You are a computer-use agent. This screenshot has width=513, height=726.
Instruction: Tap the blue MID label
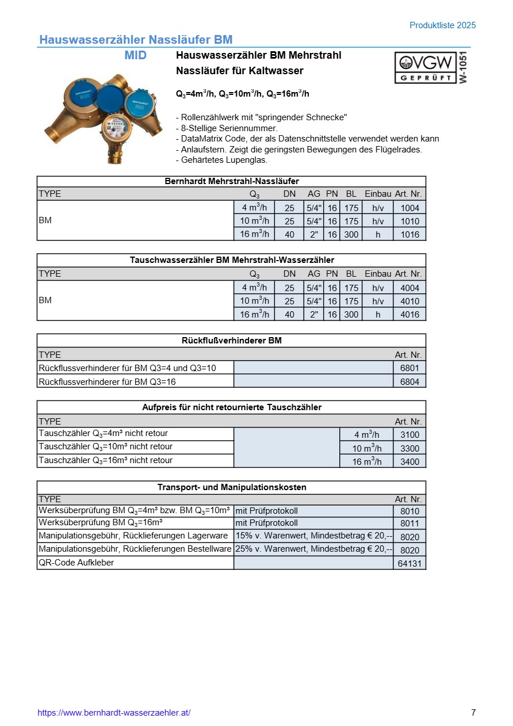click(x=136, y=56)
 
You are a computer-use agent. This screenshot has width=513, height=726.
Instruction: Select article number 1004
click(x=409, y=208)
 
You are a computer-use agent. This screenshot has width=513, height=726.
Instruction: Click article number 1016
click(x=409, y=234)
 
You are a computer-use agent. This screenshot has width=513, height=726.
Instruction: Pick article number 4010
click(x=409, y=301)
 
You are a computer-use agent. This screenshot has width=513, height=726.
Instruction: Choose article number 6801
click(x=409, y=368)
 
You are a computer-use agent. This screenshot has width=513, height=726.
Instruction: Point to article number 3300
click(x=409, y=449)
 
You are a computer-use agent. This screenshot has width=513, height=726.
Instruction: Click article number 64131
click(x=409, y=563)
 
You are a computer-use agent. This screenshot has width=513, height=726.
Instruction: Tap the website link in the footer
click(x=114, y=713)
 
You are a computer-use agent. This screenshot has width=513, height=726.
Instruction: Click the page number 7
click(x=473, y=713)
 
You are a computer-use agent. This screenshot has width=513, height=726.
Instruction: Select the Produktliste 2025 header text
click(x=442, y=25)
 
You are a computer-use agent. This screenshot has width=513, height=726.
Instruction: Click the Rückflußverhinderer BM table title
click(x=231, y=341)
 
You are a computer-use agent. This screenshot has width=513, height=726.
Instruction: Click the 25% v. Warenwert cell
click(x=313, y=549)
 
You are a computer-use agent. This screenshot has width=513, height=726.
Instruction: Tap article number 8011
click(x=409, y=524)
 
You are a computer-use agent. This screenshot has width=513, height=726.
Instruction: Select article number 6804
click(x=409, y=381)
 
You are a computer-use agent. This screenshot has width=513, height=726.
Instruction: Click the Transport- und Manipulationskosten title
click(x=231, y=487)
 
